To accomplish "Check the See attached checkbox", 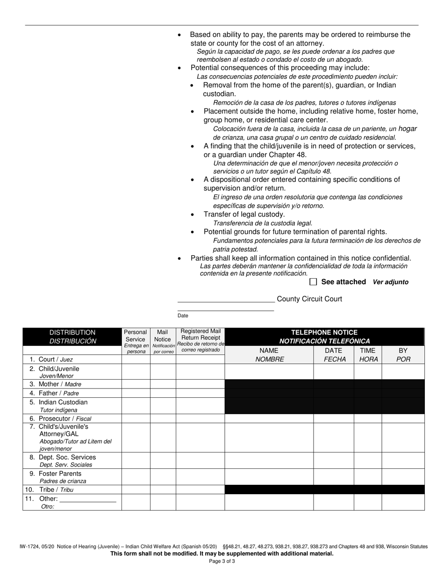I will tap(313, 282).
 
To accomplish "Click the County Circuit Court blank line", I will tap(226, 300).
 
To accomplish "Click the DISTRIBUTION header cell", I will tap(72, 337).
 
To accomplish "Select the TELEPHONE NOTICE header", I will tap(324, 337).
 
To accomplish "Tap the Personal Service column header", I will tap(136, 341).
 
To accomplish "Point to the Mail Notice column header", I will tap(163, 341).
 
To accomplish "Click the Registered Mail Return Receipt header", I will tap(201, 340).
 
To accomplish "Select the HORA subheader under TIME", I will tap(368, 359).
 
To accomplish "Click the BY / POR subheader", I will tap(403, 355).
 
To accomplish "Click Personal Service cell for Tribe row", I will tap(136, 489).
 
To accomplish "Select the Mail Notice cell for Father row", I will tap(163, 393).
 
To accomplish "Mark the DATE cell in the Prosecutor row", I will tap(333, 418).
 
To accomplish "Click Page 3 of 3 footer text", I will tap(222, 561).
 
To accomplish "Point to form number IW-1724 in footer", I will tap(29, 546).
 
